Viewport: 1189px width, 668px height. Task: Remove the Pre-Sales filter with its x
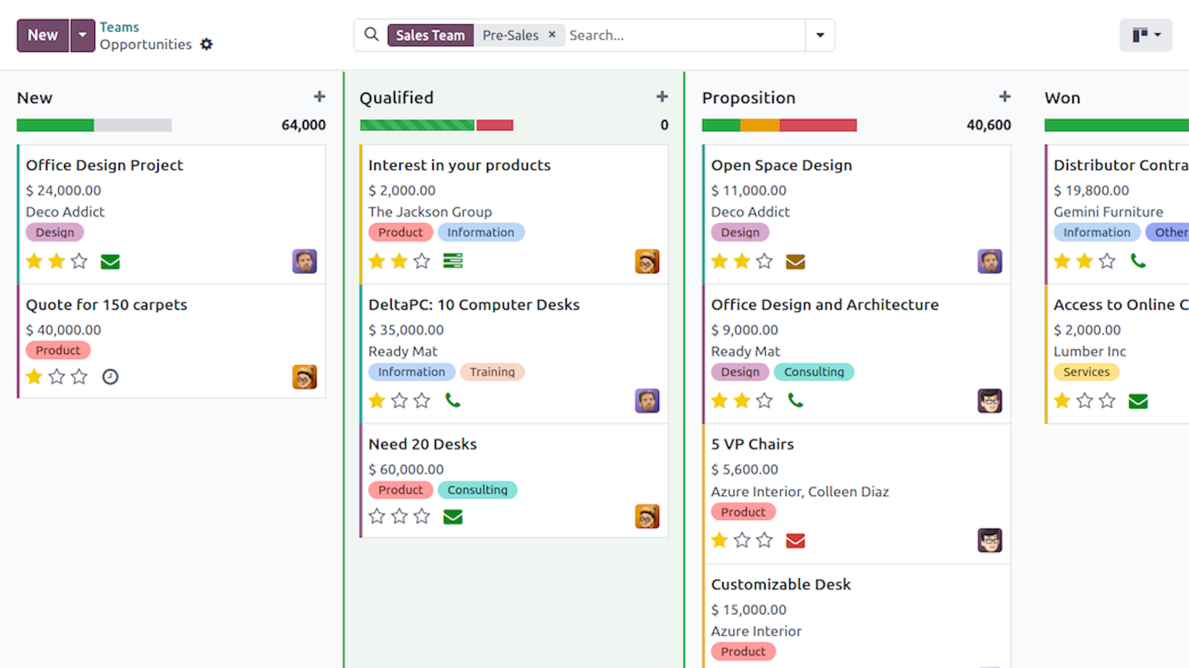point(551,35)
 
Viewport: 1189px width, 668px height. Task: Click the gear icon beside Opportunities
point(206,44)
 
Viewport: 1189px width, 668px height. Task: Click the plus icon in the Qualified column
point(662,97)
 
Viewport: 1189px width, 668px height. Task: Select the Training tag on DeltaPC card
point(492,372)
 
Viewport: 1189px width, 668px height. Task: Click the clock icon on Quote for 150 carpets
point(110,377)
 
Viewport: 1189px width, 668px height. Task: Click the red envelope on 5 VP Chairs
point(795,541)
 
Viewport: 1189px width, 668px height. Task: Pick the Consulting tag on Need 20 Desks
point(477,490)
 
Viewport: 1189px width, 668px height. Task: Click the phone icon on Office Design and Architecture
point(795,400)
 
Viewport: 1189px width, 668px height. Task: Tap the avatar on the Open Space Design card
point(990,261)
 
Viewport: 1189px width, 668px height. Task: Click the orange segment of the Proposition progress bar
point(760,125)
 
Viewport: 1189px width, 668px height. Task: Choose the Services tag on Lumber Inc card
point(1086,372)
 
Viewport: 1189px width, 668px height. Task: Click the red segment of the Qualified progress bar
point(495,125)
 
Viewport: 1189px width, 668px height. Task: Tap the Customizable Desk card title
point(781,584)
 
